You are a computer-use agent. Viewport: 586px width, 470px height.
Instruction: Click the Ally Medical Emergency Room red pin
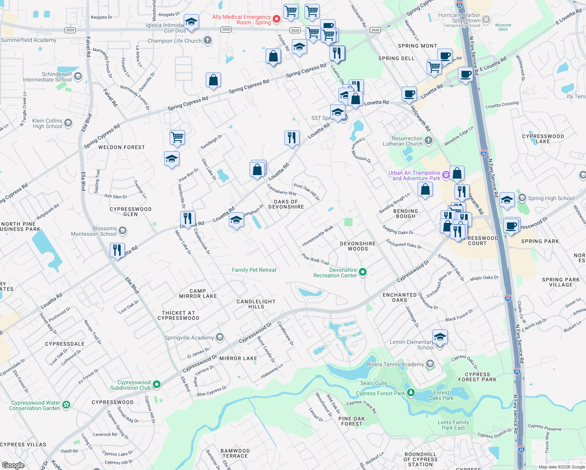click(276, 19)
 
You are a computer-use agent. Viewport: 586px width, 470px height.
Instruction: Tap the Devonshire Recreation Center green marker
click(363, 272)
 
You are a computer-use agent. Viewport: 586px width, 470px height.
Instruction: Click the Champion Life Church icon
click(208, 40)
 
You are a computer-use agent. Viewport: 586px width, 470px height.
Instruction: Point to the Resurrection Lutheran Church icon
click(429, 140)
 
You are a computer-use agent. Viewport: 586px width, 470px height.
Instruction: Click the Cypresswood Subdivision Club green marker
click(157, 385)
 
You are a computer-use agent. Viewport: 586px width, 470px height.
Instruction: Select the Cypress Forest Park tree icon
click(411, 392)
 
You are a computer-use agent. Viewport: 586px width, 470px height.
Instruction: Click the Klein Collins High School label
click(47, 124)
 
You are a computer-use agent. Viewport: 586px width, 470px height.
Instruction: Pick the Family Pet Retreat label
click(254, 270)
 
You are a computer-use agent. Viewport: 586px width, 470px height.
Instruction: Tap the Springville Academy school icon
click(220, 337)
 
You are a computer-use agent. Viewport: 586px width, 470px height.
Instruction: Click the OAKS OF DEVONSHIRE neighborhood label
click(286, 204)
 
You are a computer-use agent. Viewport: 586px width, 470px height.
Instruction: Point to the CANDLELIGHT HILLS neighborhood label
click(256, 304)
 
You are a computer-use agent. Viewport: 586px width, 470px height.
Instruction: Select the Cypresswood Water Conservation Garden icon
click(66, 405)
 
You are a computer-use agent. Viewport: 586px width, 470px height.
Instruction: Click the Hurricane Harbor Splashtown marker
click(486, 19)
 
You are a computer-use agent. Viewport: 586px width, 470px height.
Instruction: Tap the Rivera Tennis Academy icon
click(430, 364)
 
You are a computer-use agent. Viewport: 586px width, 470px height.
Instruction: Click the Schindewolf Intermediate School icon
click(78, 76)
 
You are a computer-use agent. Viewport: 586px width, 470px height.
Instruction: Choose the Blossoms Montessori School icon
click(123, 230)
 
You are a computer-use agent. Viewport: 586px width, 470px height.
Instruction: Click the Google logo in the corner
click(13, 465)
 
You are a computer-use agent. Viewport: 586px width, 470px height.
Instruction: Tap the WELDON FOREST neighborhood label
click(121, 147)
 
